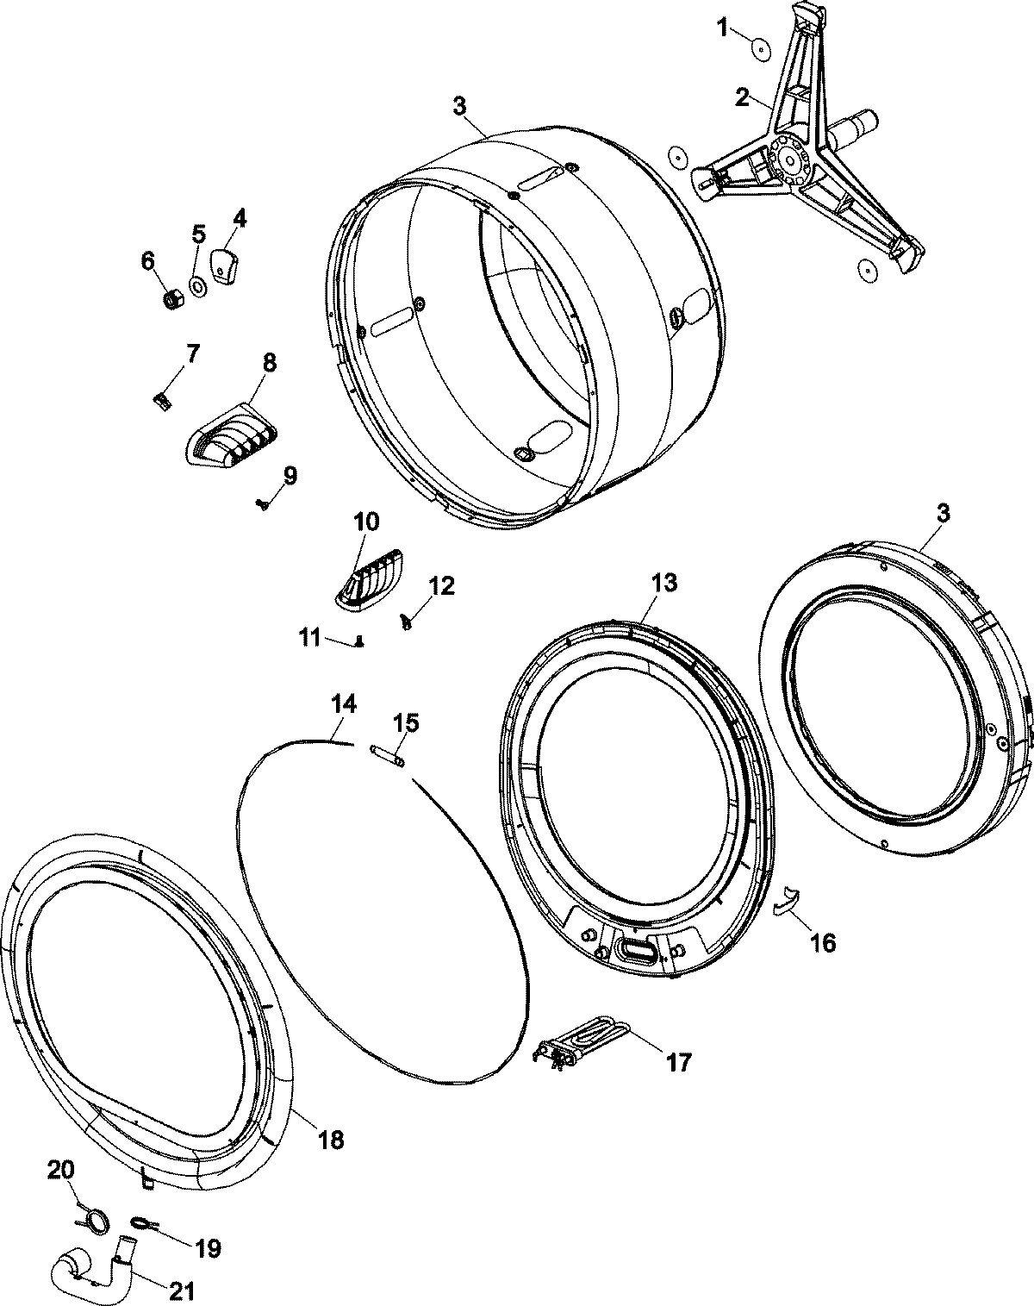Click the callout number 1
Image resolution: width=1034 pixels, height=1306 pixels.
[x=723, y=28]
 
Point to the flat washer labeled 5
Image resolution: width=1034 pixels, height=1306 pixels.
[x=197, y=284]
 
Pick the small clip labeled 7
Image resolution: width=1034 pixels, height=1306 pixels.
[x=159, y=399]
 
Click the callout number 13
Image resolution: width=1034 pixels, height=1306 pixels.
[x=664, y=583]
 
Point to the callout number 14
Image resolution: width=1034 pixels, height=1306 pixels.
[x=343, y=704]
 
